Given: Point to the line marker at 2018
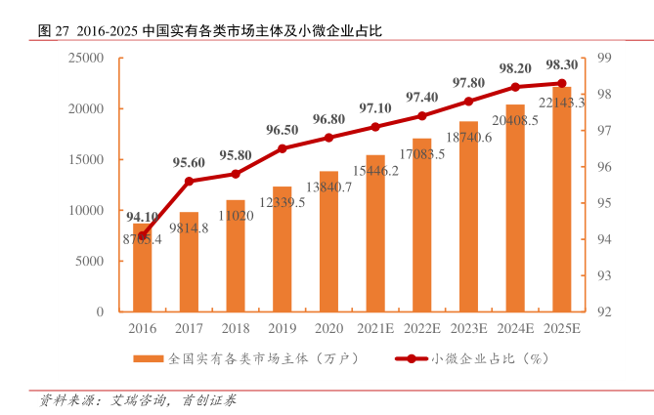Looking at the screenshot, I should (x=236, y=174).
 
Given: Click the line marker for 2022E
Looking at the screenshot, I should (x=422, y=115).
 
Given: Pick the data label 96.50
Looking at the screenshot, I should (x=282, y=130).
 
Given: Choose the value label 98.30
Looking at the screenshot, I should (x=562, y=64).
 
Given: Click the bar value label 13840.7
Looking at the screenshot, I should (x=328, y=187).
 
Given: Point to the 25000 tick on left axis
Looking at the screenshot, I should (x=86, y=59).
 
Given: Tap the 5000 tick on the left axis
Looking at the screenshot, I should (x=90, y=261).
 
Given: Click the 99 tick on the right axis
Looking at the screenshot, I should (x=603, y=59).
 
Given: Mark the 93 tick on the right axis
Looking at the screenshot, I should (x=603, y=275).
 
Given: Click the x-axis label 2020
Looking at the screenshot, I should (x=328, y=329).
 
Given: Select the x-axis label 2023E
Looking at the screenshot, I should (x=469, y=329).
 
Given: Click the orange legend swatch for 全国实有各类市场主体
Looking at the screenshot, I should (x=150, y=358).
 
